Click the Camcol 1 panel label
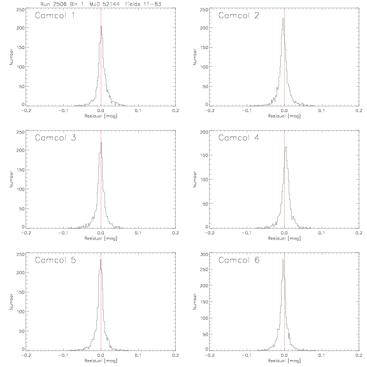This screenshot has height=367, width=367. [x=55, y=15]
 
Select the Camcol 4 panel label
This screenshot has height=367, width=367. [x=239, y=138]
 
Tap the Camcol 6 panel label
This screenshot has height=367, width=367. [x=239, y=260]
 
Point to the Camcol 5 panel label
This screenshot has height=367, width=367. [x=55, y=260]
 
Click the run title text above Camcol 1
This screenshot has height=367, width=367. [x=101, y=4]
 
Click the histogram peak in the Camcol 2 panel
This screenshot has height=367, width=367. [x=283, y=18]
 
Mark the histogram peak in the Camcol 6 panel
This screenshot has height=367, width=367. [x=283, y=260]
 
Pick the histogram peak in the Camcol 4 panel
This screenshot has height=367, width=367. [x=286, y=147]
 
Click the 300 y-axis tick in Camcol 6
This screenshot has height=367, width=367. [x=205, y=254]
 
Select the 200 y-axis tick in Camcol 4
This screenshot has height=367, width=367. [x=205, y=132]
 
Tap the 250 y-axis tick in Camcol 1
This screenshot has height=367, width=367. [x=20, y=10]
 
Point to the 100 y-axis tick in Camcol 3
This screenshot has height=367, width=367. [x=20, y=189]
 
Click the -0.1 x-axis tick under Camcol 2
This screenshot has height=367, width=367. [x=247, y=111]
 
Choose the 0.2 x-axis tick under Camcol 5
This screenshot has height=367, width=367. [x=175, y=356]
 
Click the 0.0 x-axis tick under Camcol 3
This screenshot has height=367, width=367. [x=101, y=233]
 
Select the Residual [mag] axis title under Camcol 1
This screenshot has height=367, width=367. [x=101, y=116]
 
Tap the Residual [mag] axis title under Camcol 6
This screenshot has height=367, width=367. [x=284, y=361]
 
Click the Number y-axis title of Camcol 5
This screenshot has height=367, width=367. [x=11, y=302]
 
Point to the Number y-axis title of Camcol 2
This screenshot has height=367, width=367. [x=195, y=57]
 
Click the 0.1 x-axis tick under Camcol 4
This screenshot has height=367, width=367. [x=322, y=233]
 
